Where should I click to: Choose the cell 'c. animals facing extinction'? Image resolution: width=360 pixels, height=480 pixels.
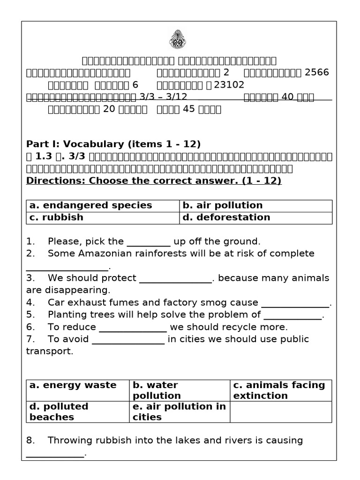281,390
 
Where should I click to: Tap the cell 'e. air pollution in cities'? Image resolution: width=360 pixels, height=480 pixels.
180,412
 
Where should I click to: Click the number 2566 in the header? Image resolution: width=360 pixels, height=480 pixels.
317,72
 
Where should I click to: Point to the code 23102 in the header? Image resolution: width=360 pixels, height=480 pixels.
229,85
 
